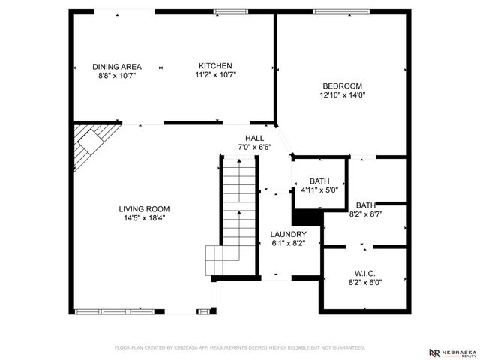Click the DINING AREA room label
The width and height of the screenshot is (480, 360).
coord(116,66)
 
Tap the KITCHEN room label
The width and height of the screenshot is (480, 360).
coord(215,66)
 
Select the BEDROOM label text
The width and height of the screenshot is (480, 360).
coord(341,86)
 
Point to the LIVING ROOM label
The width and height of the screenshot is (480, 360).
coord(144,209)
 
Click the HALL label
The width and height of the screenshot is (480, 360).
coord(254,139)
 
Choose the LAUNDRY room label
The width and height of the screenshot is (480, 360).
coord(288,234)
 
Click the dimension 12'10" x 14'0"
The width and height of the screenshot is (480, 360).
coord(341,95)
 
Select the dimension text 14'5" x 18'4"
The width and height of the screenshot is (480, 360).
coord(144,218)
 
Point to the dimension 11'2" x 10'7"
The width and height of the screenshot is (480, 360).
coord(215,75)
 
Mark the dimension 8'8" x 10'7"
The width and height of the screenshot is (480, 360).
coord(116,75)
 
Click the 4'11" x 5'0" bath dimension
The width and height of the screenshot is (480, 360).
coord(319,190)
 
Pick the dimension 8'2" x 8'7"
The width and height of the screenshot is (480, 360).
coord(366,214)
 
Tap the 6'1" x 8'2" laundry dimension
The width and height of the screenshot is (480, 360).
coord(288,243)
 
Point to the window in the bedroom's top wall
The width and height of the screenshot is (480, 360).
coord(335,11)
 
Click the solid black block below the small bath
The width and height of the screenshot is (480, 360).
coord(305,217)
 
